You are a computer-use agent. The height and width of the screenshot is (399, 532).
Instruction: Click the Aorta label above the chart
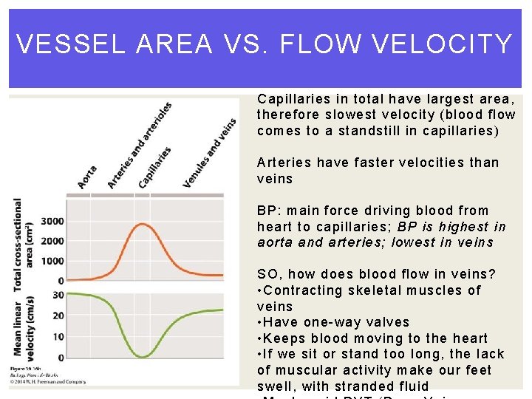[87, 175]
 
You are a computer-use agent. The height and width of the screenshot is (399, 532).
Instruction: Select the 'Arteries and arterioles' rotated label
[140, 145]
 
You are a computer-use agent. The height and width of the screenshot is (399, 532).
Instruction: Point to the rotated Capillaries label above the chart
[155, 166]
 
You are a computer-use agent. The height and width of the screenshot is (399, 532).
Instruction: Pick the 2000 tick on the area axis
[52, 241]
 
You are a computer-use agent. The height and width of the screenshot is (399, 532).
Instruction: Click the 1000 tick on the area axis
[52, 261]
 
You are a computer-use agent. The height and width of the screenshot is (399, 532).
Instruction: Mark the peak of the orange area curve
[142, 225]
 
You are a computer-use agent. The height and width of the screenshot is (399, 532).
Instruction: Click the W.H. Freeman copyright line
[47, 381]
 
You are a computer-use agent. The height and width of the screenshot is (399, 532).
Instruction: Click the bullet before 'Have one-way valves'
[260, 322]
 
